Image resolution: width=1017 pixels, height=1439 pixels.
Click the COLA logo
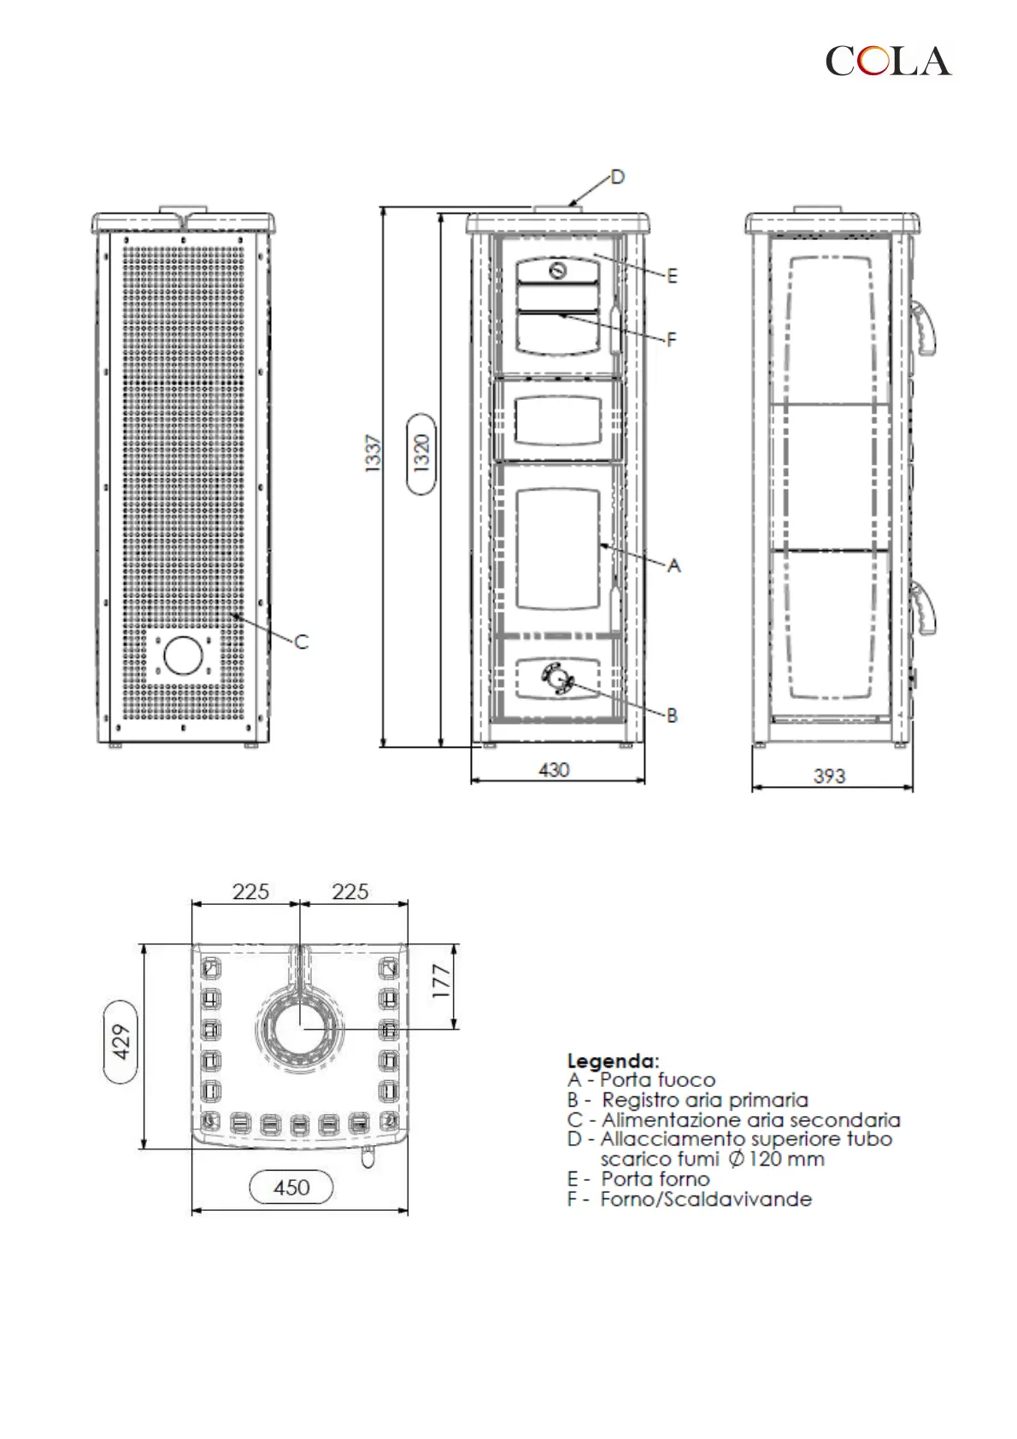click(888, 61)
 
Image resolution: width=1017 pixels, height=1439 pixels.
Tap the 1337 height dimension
click(373, 454)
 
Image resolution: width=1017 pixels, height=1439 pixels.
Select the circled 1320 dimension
click(421, 454)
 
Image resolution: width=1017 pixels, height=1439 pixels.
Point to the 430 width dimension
click(554, 770)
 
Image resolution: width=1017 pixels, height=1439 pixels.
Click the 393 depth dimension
click(829, 776)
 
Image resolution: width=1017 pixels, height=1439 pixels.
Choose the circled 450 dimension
click(291, 1187)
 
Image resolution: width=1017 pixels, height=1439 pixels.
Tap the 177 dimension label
click(441, 980)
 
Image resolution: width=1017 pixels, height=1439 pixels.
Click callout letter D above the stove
click(617, 177)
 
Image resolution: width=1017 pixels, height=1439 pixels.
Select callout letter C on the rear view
click(302, 641)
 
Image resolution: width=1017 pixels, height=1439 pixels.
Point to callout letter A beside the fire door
click(673, 566)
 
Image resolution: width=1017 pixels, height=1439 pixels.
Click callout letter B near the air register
click(672, 715)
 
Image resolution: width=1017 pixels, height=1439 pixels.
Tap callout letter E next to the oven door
click(672, 276)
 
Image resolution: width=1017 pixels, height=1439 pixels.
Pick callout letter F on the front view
click(672, 339)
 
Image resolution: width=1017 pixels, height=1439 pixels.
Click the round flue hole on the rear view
click(183, 655)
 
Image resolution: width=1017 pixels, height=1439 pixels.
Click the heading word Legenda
click(613, 1060)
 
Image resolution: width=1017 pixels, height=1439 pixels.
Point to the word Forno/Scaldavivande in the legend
click(706, 1199)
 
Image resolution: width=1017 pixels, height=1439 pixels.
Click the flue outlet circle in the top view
click(300, 1027)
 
